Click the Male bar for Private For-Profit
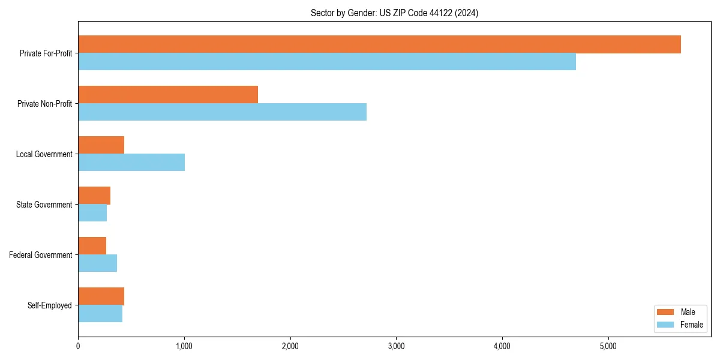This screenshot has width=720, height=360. point(379,44)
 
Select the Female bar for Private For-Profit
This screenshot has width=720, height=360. point(327,62)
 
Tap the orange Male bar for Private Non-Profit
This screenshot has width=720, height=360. point(168,95)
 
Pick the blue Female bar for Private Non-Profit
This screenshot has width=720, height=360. point(222,112)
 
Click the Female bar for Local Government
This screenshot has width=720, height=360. point(131,163)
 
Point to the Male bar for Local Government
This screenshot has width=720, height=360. point(101,145)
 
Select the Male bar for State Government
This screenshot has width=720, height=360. point(94,196)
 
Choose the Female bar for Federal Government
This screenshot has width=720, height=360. point(97,263)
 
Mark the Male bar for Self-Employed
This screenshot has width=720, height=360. point(101,296)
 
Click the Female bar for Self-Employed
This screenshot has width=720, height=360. point(100,314)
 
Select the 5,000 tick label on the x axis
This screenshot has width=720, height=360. point(608,346)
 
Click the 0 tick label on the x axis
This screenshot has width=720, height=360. point(78,346)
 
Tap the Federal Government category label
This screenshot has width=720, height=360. point(41,255)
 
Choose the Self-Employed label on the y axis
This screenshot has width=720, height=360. point(50,305)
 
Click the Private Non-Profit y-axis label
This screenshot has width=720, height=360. point(45,104)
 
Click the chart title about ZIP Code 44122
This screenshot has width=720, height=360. point(394,13)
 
